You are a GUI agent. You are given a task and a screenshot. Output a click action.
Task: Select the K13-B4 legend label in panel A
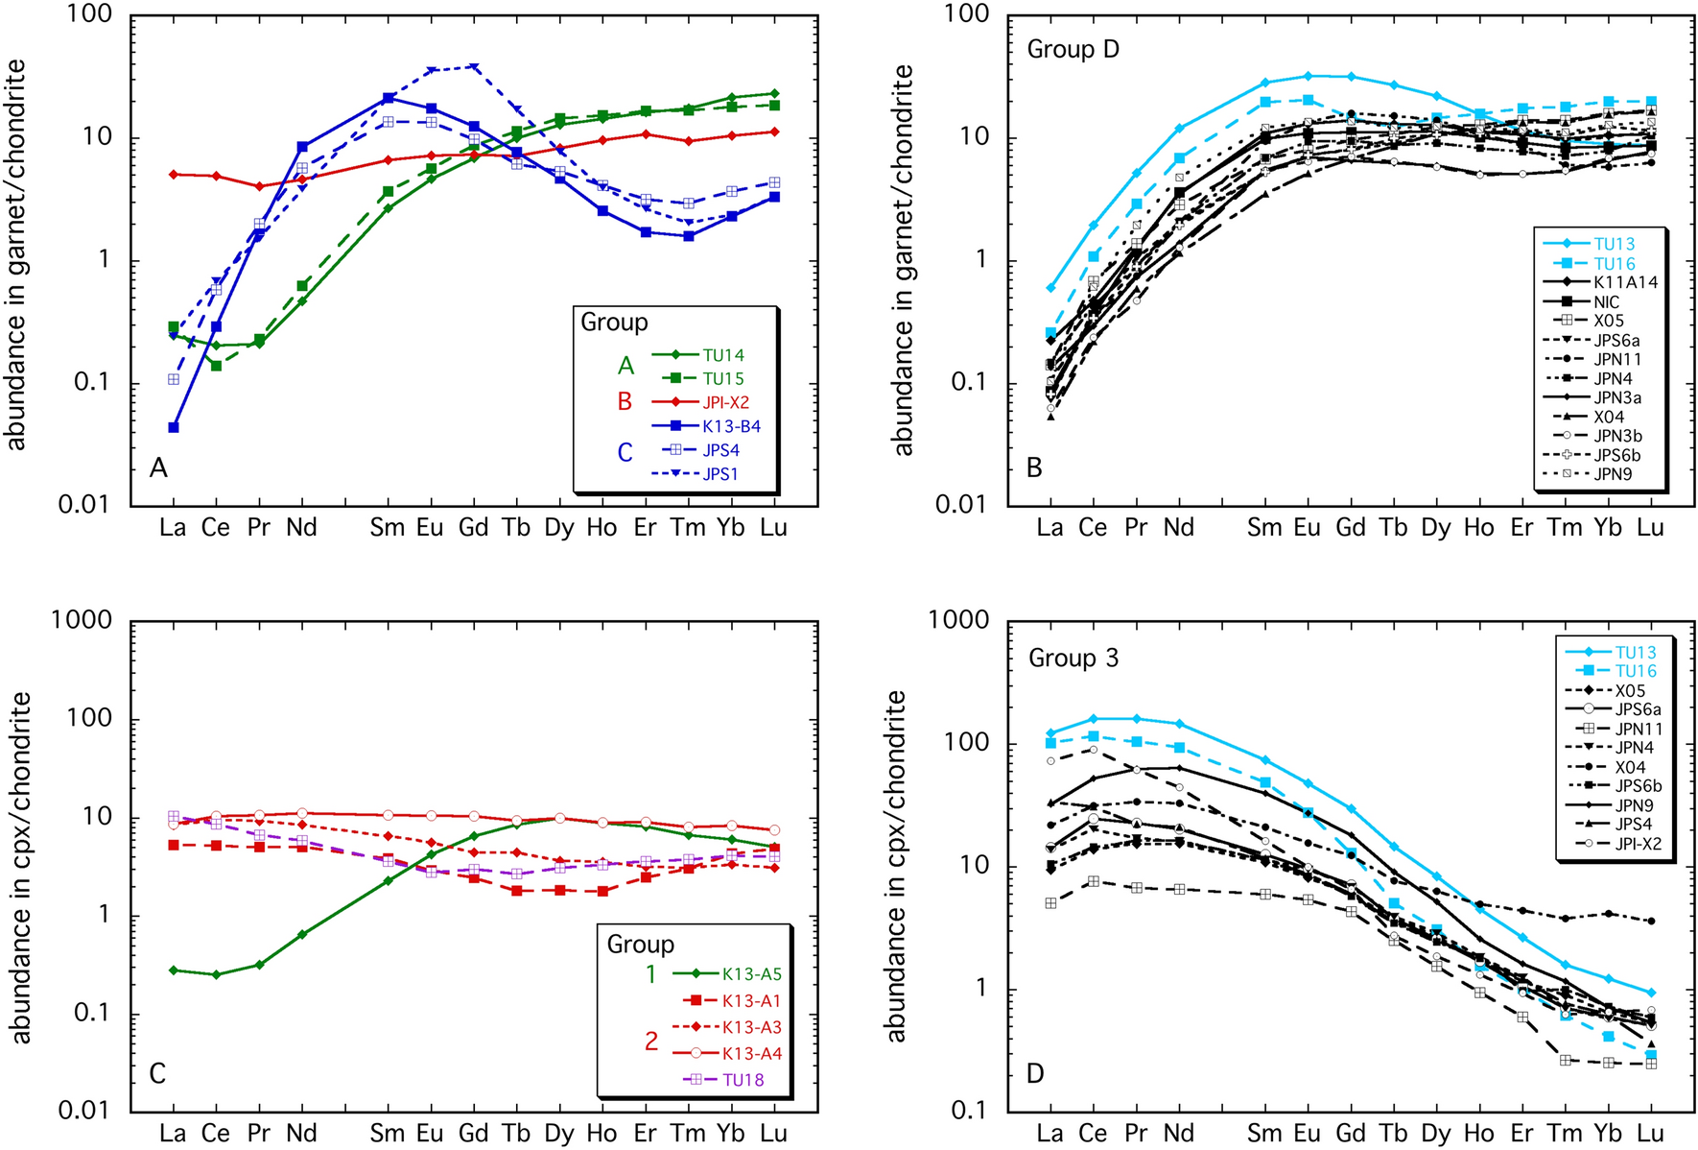pyautogui.click(x=731, y=426)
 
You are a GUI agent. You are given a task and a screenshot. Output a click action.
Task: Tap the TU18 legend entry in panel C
pyautogui.click(x=743, y=1079)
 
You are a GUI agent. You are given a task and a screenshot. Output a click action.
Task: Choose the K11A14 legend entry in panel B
pyautogui.click(x=1625, y=282)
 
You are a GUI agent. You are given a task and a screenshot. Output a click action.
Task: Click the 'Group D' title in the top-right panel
pyautogui.click(x=1073, y=49)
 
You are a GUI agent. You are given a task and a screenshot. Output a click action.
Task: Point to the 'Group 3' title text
pyautogui.click(x=1073, y=659)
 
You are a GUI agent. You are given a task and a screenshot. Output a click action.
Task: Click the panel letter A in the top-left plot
pyautogui.click(x=158, y=467)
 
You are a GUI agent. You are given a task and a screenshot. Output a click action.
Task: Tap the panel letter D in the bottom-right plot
pyautogui.click(x=1035, y=1073)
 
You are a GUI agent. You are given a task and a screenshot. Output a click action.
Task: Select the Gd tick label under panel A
pyautogui.click(x=473, y=528)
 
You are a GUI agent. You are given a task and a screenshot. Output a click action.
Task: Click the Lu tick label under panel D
pyautogui.click(x=1650, y=1134)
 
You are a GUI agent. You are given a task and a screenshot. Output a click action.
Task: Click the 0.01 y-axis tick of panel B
pyautogui.click(x=962, y=505)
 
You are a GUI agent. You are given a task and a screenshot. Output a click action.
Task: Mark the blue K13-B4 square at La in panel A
pyautogui.click(x=174, y=427)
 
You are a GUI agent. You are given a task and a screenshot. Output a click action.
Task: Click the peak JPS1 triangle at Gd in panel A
pyautogui.click(x=473, y=67)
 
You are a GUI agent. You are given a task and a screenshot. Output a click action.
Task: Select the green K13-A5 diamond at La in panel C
pyautogui.click(x=174, y=970)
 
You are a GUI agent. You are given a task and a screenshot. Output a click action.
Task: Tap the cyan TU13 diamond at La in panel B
pyautogui.click(x=1050, y=288)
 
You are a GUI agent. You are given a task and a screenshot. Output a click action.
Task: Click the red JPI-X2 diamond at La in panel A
pyautogui.click(x=174, y=175)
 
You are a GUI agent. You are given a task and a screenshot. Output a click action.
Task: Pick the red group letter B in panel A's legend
pyautogui.click(x=625, y=401)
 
